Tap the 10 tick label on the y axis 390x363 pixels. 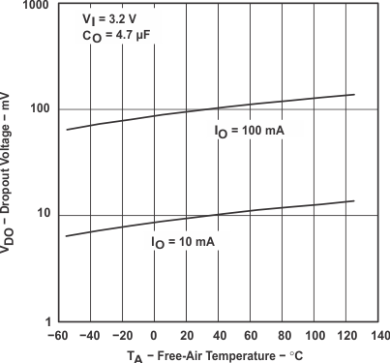(40, 214)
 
